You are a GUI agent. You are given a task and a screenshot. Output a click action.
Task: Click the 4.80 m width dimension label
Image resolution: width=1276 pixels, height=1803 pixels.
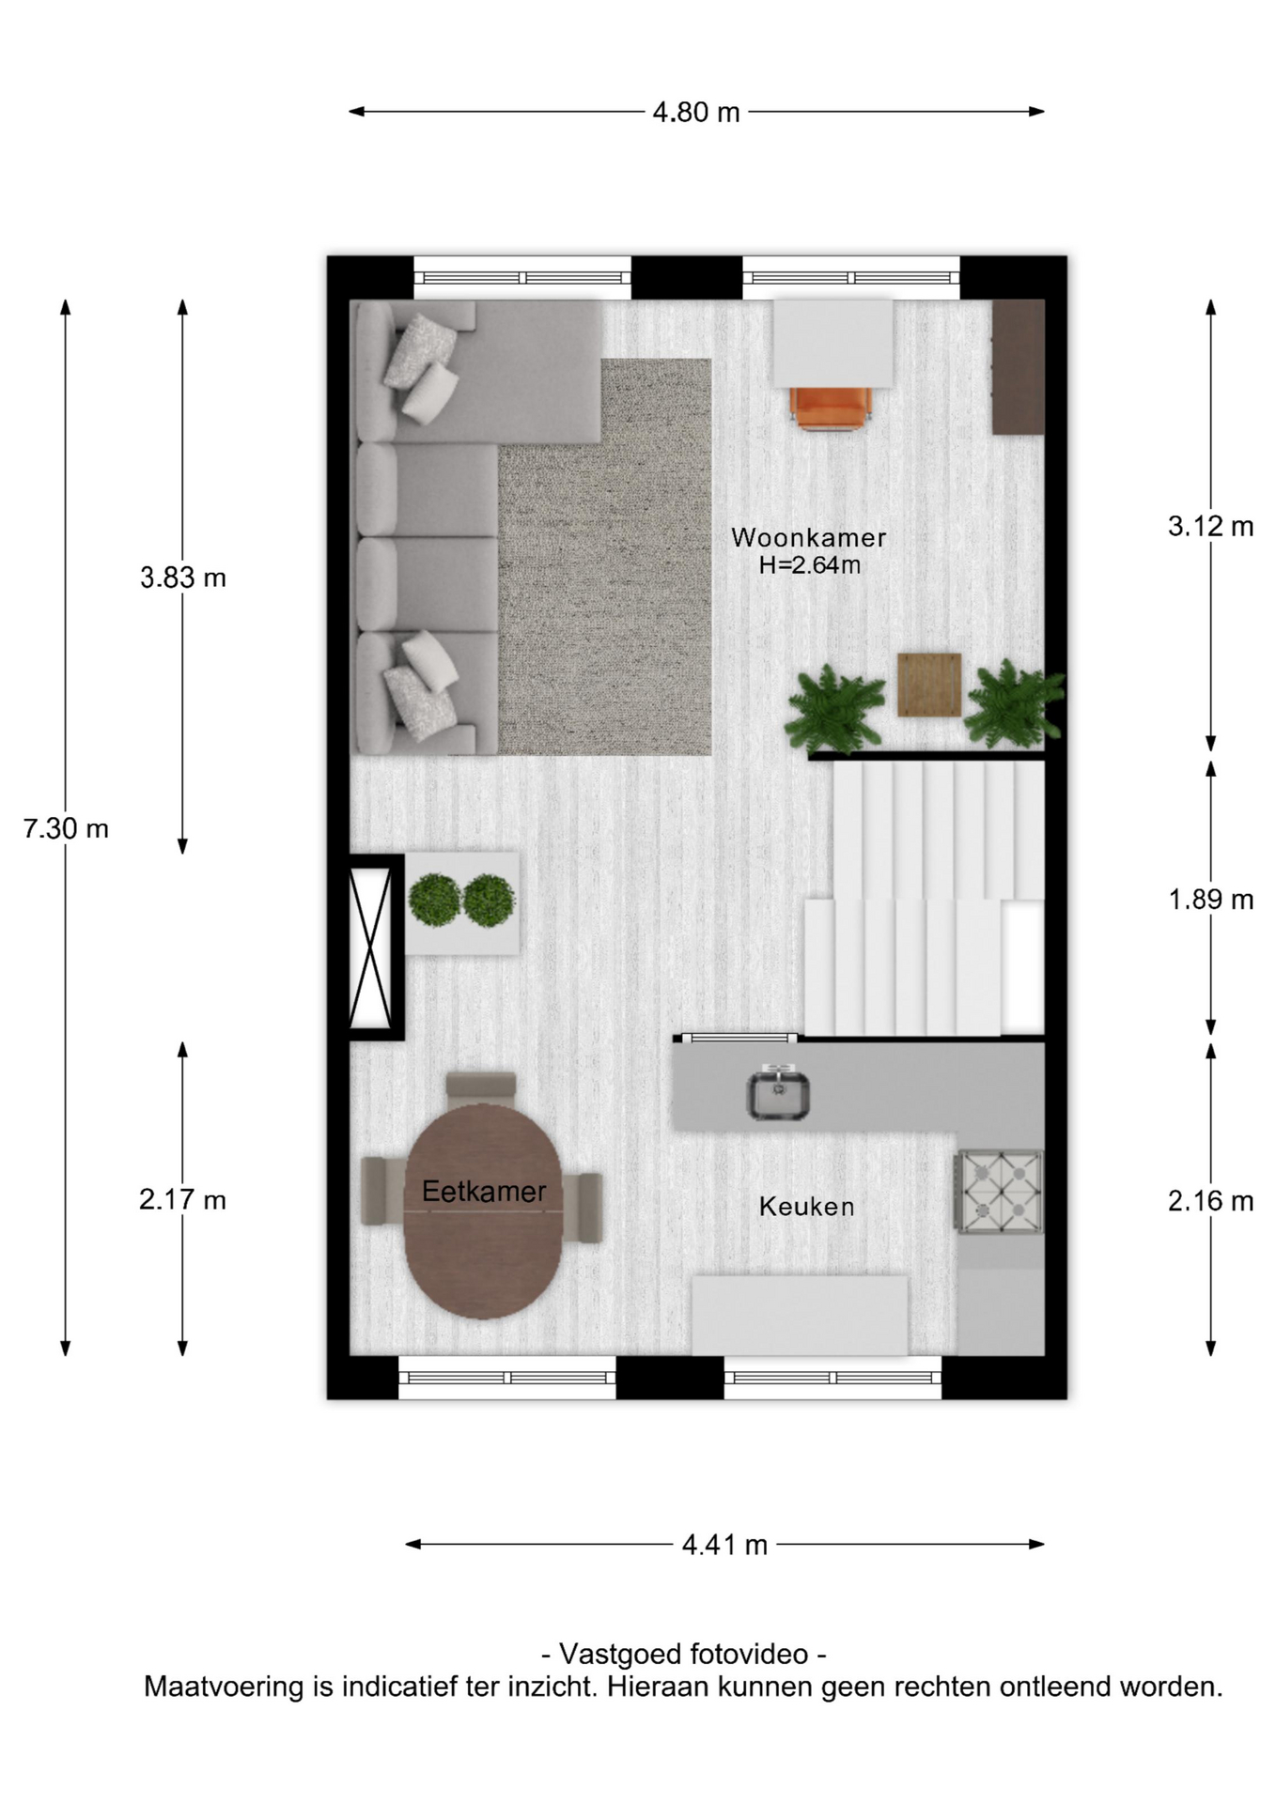pyautogui.click(x=696, y=113)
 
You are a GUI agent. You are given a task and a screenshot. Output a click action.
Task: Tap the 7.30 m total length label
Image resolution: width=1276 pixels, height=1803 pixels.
pyautogui.click(x=66, y=828)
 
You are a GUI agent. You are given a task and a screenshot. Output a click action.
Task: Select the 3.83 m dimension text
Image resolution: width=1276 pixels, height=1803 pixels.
pyautogui.click(x=183, y=578)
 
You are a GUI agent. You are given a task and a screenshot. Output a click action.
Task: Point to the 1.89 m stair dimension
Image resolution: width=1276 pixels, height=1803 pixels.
pyautogui.click(x=1210, y=900)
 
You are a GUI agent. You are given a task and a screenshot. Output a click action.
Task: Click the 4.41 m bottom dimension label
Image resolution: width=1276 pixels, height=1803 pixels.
pyautogui.click(x=724, y=1545)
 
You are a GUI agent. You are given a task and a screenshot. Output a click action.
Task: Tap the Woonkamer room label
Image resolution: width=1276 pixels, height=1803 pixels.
pyautogui.click(x=809, y=537)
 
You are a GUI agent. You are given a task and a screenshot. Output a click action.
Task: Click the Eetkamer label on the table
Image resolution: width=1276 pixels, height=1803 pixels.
pyautogui.click(x=484, y=1192)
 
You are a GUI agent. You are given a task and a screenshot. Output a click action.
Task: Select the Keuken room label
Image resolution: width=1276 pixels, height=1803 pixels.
pyautogui.click(x=807, y=1207)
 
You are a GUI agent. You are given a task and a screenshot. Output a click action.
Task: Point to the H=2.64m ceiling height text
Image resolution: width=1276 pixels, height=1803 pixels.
pyautogui.click(x=810, y=565)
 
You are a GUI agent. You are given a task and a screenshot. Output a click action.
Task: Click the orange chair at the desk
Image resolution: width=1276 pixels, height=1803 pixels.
pyautogui.click(x=832, y=408)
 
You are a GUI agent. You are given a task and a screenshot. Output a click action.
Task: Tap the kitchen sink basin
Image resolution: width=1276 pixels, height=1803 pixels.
pyautogui.click(x=778, y=1094)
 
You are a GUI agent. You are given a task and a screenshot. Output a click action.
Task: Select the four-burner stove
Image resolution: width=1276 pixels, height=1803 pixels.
pyautogui.click(x=999, y=1191)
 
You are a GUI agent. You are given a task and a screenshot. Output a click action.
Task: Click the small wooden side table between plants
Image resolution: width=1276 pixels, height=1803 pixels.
pyautogui.click(x=929, y=685)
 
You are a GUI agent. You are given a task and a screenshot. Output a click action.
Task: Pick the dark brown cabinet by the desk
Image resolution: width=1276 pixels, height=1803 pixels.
pyautogui.click(x=1019, y=367)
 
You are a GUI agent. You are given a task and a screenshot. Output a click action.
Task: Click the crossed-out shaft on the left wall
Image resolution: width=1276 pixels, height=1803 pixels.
pyautogui.click(x=370, y=947)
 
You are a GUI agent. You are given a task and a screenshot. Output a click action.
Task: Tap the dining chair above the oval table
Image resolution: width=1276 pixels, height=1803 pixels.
pyautogui.click(x=481, y=1086)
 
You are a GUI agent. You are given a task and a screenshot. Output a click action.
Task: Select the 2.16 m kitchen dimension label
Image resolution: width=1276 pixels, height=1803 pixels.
pyautogui.click(x=1210, y=1200)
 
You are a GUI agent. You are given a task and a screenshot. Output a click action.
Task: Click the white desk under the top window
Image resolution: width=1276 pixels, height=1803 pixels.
pyautogui.click(x=833, y=343)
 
